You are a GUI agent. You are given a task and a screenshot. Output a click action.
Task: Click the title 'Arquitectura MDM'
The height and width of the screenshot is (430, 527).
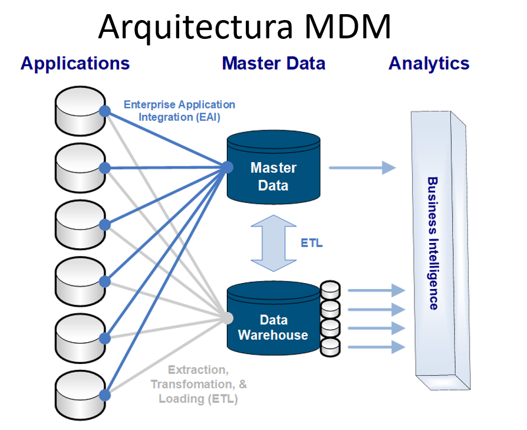pyautogui.click(x=245, y=28)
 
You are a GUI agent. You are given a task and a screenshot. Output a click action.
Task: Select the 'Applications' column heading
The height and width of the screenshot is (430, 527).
pyautogui.click(x=75, y=64)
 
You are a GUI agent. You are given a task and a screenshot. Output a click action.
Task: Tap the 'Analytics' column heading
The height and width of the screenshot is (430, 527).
pyautogui.click(x=429, y=64)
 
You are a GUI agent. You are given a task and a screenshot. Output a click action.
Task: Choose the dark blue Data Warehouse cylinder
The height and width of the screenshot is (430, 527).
pyautogui.click(x=274, y=318)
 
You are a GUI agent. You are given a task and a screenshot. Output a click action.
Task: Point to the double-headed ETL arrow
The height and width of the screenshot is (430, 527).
pyautogui.click(x=274, y=243)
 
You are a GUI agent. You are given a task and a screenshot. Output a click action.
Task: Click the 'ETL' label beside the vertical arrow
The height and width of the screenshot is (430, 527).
pyautogui.click(x=312, y=243)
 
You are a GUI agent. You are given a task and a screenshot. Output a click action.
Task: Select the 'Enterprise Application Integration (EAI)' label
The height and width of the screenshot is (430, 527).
pyautogui.click(x=179, y=111)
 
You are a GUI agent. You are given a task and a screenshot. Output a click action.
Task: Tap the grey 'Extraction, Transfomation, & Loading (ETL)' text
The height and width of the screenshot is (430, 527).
pyautogui.click(x=199, y=384)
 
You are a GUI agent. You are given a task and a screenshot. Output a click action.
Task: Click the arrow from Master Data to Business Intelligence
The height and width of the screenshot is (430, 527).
pyautogui.click(x=363, y=168)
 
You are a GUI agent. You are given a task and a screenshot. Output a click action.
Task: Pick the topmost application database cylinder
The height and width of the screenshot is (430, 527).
pyautogui.click(x=80, y=111)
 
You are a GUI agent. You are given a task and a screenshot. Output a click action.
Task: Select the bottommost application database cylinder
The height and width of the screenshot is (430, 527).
pyautogui.click(x=80, y=396)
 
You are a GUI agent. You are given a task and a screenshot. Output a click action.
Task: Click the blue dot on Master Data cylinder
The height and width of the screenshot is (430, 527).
pyautogui.click(x=228, y=167)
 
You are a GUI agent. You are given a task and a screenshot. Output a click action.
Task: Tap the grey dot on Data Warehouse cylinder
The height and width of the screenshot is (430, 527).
pyautogui.click(x=228, y=318)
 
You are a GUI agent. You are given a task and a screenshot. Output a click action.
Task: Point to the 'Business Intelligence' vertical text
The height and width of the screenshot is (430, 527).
pyautogui.click(x=433, y=243)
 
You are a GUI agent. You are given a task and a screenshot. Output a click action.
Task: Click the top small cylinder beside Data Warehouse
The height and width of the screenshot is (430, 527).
pyautogui.click(x=330, y=290)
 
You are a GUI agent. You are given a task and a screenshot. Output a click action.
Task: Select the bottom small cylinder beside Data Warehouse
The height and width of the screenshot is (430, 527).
pyautogui.click(x=330, y=347)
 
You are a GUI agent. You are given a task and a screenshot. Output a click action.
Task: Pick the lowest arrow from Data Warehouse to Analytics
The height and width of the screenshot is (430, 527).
pyautogui.click(x=377, y=347)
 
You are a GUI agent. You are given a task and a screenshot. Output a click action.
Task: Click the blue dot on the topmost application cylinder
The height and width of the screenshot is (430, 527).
pyautogui.click(x=105, y=111)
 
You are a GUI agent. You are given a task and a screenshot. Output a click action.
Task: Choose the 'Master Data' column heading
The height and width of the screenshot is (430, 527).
pyautogui.click(x=274, y=64)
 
